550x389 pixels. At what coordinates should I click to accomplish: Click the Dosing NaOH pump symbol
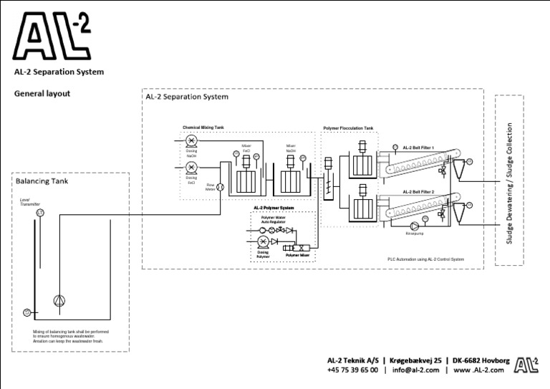[191, 143]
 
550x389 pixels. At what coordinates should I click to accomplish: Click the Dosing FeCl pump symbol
[191, 168]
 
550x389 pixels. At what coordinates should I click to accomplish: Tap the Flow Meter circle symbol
[221, 187]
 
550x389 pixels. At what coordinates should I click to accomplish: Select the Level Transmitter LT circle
[40, 213]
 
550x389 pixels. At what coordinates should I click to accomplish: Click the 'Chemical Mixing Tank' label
[203, 127]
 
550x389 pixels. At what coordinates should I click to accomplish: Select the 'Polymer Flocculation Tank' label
[348, 128]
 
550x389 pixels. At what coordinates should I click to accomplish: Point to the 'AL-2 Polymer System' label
[274, 208]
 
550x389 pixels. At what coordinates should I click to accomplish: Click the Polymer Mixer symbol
[296, 247]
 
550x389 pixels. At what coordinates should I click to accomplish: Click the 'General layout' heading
[42, 93]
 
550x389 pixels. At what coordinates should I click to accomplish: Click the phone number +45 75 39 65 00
[352, 370]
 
